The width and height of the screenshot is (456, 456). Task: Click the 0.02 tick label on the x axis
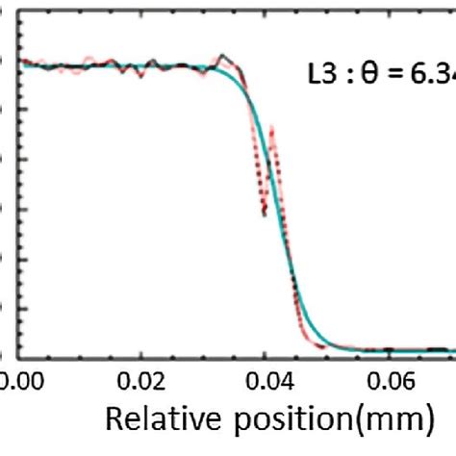140,382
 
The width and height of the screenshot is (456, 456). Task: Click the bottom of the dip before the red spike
264,214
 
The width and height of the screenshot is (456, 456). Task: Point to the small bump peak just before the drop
223,56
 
